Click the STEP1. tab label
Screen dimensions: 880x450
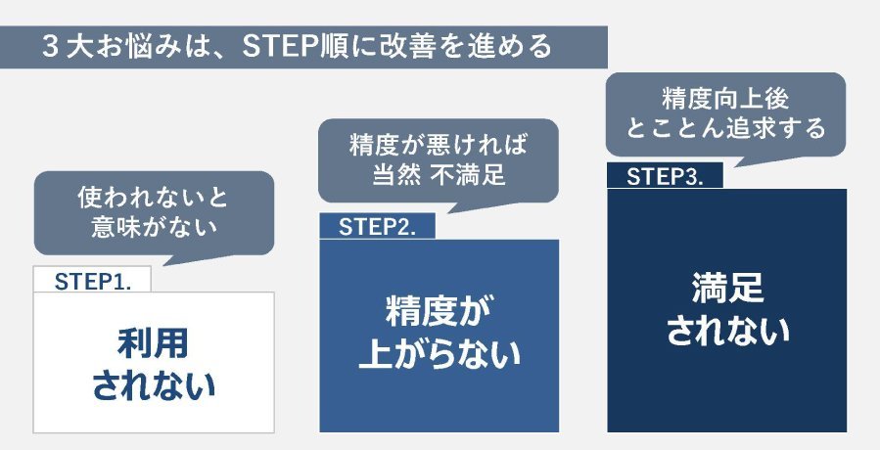tap(93, 282)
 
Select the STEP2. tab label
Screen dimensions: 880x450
tap(377, 227)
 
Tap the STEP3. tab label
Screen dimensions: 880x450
tap(665, 177)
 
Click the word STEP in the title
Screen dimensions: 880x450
tap(279, 47)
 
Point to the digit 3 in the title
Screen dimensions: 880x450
tap(51, 47)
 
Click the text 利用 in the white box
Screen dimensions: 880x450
tap(154, 343)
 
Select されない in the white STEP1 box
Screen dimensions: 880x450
tap(154, 386)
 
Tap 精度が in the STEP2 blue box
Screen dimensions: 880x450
tap(440, 310)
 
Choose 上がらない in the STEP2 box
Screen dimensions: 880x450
tap(440, 353)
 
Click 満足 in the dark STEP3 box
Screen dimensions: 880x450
tap(727, 288)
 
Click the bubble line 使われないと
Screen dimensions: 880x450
tap(154, 198)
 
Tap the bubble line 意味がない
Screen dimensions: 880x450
tap(154, 227)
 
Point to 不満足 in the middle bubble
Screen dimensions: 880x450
tap(469, 174)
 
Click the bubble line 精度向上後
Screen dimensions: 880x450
tap(725, 99)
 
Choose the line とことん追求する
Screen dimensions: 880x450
tap(725, 128)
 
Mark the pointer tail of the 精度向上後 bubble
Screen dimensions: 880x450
tap(736, 166)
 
